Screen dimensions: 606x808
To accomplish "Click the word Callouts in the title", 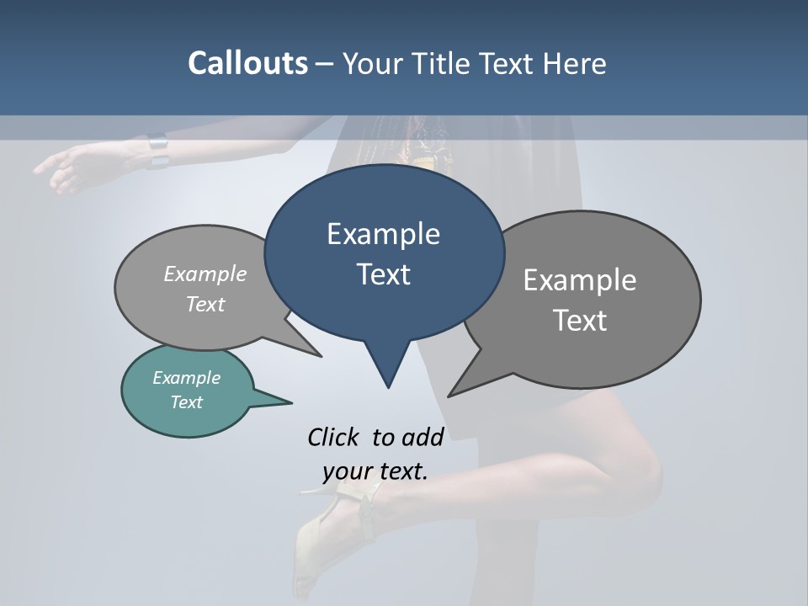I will point(247,63).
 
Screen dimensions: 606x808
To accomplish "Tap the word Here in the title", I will point(575,63).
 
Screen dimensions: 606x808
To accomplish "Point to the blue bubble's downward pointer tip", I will point(388,385).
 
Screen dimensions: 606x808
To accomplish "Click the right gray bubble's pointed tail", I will point(454,391).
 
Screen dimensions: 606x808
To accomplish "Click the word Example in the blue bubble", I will point(383,234).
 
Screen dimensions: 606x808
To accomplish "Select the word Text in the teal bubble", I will point(187,402).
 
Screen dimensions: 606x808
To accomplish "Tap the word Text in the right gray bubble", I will point(580,321).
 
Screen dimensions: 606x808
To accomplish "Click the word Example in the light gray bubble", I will point(205,274).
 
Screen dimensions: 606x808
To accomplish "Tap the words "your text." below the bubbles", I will point(375,471).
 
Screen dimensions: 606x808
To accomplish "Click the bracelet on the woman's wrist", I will point(157,151).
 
